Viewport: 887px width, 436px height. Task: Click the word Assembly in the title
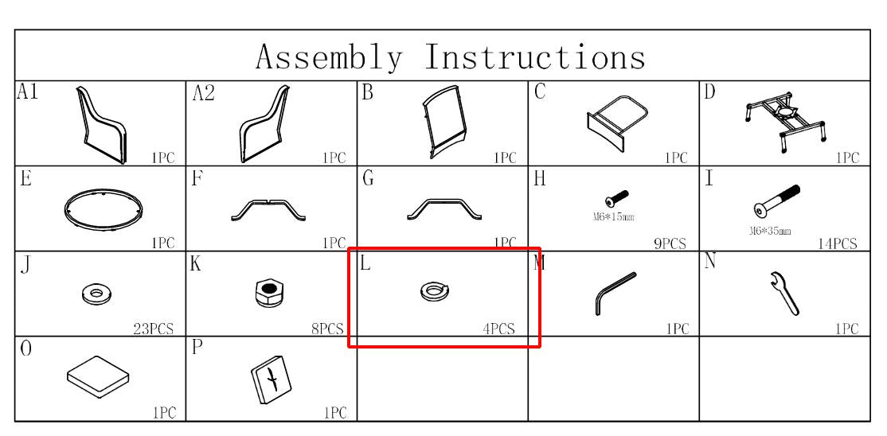coord(330,57)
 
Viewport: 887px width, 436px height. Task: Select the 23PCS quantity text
coord(154,329)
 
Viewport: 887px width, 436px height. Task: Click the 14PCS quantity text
coord(837,243)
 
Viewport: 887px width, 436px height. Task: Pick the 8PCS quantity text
coord(327,329)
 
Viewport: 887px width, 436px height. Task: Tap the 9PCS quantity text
coord(670,243)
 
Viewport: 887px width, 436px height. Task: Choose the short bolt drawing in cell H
coord(616,198)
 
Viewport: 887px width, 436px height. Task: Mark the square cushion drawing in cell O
coord(99,377)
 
